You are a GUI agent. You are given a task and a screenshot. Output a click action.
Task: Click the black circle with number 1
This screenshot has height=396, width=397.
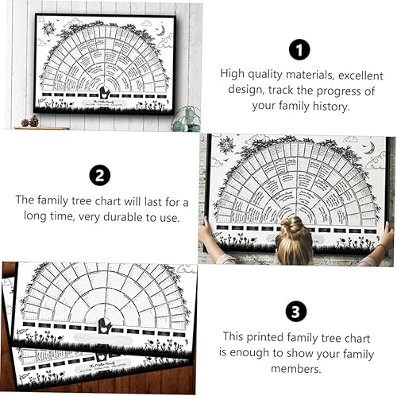pyautogui.click(x=299, y=49)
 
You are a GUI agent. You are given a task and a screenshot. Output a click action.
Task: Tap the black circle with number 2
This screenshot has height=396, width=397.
pyautogui.click(x=99, y=175)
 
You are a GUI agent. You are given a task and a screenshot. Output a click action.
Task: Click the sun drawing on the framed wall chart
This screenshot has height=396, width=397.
pyautogui.click(x=49, y=29)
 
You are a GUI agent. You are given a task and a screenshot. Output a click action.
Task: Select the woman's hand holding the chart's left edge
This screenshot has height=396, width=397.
pyautogui.click(x=206, y=231)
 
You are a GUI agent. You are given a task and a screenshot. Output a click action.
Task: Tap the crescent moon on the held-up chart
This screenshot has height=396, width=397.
pyautogui.click(x=368, y=147)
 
